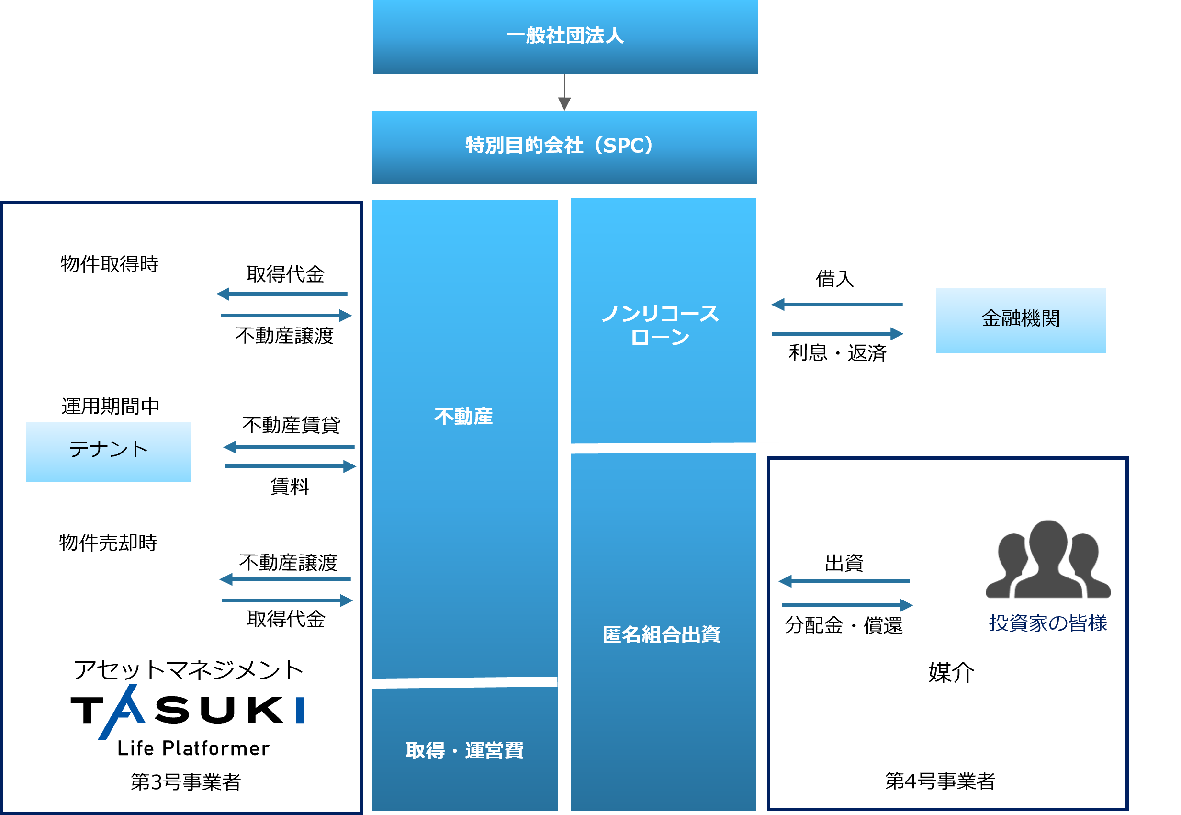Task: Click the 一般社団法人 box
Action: click(565, 37)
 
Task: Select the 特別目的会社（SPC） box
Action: click(564, 147)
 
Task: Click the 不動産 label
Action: click(463, 416)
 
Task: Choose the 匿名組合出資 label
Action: click(661, 635)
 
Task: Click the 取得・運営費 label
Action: click(464, 751)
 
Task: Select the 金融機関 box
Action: click(1021, 320)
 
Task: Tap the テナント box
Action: click(108, 452)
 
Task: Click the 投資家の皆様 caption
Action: click(1048, 623)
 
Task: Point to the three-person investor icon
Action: click(1048, 560)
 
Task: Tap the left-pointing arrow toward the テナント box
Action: click(288, 447)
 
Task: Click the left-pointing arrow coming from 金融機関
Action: click(836, 305)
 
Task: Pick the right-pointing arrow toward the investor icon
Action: click(847, 606)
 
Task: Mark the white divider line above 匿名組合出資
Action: click(677, 448)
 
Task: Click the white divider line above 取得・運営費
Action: click(460, 683)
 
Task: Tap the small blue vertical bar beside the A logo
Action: click(300, 710)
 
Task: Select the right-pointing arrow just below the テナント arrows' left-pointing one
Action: click(291, 466)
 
